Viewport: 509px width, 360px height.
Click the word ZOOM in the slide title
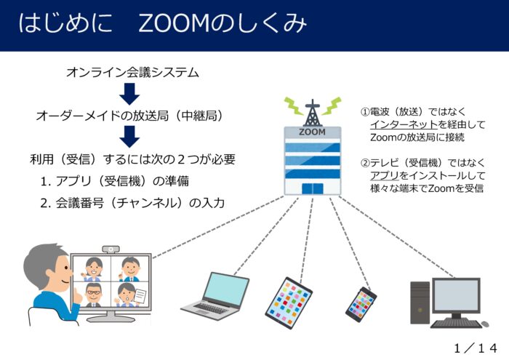pyautogui.click(x=173, y=23)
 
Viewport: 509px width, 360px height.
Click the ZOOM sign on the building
pyautogui.click(x=312, y=132)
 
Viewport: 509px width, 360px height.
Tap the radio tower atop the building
pyautogui.click(x=312, y=113)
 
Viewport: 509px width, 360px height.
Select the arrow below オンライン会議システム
pyautogui.click(x=129, y=94)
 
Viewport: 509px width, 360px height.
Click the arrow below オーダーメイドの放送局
pyautogui.click(x=129, y=137)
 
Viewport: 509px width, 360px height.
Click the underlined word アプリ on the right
pyautogui.click(x=385, y=175)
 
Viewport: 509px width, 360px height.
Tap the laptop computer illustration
pyautogui.click(x=215, y=296)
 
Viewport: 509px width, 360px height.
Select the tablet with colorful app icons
pyautogui.click(x=289, y=303)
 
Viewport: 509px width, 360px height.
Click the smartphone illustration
pyautogui.click(x=361, y=304)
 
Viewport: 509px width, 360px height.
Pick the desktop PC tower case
pyautogui.click(x=420, y=303)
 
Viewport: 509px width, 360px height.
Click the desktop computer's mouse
pyautogui.click(x=484, y=324)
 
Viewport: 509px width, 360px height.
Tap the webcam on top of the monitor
pyautogui.click(x=111, y=249)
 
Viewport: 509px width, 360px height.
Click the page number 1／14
pyautogui.click(x=476, y=348)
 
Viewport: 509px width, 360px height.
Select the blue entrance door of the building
pyautogui.click(x=312, y=188)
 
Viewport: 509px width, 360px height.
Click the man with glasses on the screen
pyautogui.click(x=94, y=295)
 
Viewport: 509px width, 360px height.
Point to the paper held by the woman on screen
pyautogui.click(x=140, y=296)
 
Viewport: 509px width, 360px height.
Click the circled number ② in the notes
pyautogui.click(x=365, y=163)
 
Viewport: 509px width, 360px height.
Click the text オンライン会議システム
pyautogui.click(x=132, y=72)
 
